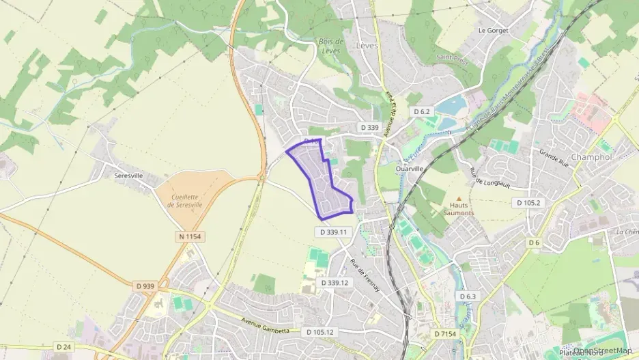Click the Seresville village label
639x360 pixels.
pyautogui.click(x=128, y=176)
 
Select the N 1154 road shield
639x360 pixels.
pyautogui.click(x=190, y=236)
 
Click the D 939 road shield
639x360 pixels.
pyautogui.click(x=145, y=286)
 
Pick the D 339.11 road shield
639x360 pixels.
pyautogui.click(x=333, y=232)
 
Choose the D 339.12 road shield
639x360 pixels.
pyautogui.click(x=334, y=283)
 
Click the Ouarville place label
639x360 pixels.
pyautogui.click(x=410, y=168)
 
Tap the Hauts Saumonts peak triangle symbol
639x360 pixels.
pyautogui.click(x=458, y=199)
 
